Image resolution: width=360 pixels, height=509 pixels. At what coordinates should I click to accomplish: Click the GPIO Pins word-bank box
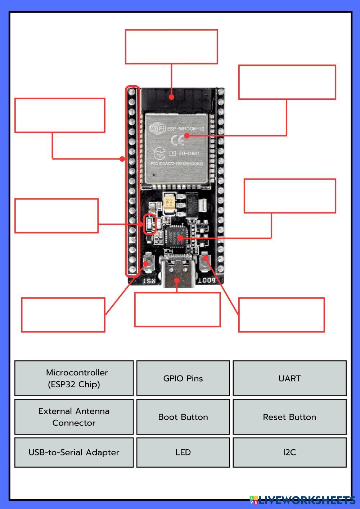183,378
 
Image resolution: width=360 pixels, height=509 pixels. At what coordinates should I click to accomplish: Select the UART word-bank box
289,378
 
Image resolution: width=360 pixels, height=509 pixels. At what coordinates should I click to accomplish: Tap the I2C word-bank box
289,452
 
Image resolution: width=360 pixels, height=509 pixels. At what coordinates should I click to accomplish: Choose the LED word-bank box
183,452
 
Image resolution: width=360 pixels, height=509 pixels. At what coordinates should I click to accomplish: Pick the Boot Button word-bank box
183,417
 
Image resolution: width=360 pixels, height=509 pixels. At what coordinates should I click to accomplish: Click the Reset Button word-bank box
289,417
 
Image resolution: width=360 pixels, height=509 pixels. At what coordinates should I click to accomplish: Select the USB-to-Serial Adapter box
74,452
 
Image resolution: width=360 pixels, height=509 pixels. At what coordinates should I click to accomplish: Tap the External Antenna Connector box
74,417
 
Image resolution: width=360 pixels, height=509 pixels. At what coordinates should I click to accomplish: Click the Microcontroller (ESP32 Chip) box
74,378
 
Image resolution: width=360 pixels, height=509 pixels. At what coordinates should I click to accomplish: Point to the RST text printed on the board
149,280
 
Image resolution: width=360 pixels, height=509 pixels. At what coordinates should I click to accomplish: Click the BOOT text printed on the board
207,280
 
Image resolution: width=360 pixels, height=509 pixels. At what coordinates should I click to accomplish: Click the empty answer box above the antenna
171,47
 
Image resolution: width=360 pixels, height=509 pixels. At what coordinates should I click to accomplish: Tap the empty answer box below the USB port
177,310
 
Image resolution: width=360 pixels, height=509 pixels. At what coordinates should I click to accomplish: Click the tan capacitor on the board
169,203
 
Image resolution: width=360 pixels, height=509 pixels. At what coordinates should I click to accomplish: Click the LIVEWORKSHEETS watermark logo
302,500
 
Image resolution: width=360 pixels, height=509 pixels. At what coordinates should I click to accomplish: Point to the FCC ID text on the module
176,164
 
